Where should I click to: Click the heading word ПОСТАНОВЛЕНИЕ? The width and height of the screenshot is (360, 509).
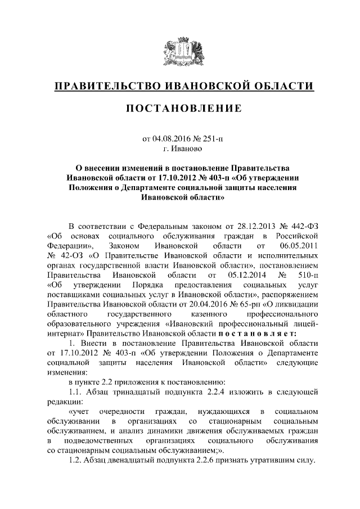pyautogui.click(x=180, y=108)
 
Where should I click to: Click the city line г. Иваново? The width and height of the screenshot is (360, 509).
pyautogui.click(x=180, y=150)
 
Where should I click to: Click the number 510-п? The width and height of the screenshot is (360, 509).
pyautogui.click(x=307, y=276)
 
